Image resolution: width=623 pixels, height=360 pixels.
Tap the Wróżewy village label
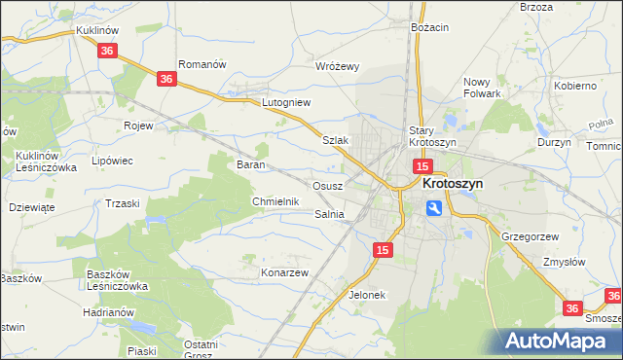(x=339, y=67)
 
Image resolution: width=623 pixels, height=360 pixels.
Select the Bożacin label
(x=429, y=27)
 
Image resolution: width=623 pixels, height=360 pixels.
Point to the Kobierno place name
(x=575, y=86)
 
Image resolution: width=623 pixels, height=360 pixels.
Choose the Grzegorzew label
(x=529, y=236)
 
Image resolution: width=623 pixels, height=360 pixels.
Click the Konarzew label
(x=284, y=272)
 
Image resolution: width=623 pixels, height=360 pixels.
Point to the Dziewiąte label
(x=31, y=207)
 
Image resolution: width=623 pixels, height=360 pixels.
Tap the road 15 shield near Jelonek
(x=383, y=251)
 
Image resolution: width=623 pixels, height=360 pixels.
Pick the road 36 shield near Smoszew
(x=574, y=307)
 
